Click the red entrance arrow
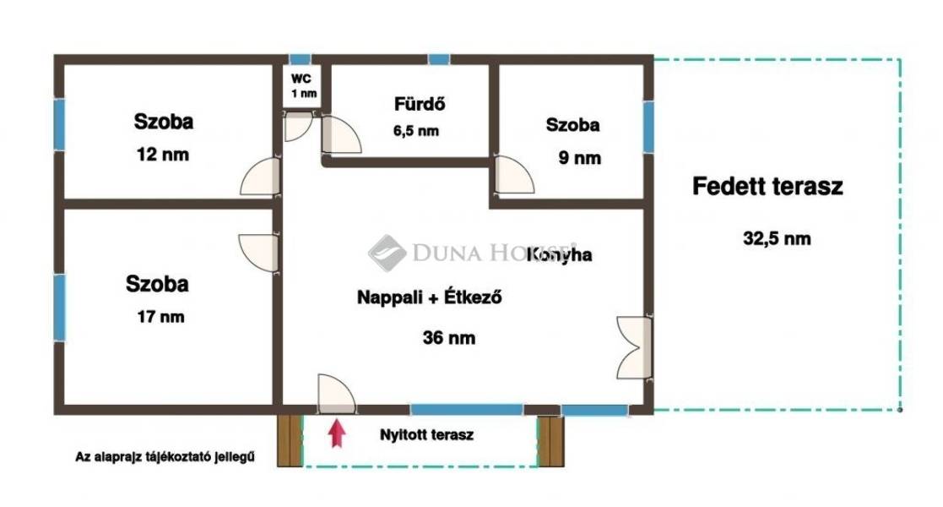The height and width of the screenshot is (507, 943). pyautogui.click(x=338, y=433)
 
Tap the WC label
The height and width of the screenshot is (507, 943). pyautogui.click(x=301, y=79)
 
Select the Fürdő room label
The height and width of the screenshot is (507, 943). pyautogui.click(x=420, y=104)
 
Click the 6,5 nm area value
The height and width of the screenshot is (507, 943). pyautogui.click(x=416, y=131)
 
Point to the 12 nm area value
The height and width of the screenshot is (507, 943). pyautogui.click(x=162, y=154)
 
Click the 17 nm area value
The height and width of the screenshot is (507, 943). pyautogui.click(x=160, y=317)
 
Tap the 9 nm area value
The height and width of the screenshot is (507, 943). pyautogui.click(x=580, y=158)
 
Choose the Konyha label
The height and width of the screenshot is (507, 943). pyautogui.click(x=560, y=254)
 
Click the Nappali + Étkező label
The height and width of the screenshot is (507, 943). pyautogui.click(x=430, y=297)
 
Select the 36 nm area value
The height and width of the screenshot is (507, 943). pyautogui.click(x=448, y=337)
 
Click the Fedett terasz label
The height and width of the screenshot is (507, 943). pyautogui.click(x=767, y=186)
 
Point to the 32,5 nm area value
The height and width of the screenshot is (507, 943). pyautogui.click(x=777, y=238)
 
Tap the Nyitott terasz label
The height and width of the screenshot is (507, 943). pyautogui.click(x=426, y=434)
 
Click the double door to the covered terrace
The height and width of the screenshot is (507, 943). pyautogui.click(x=635, y=347)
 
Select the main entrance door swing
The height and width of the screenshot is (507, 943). pyautogui.click(x=336, y=394)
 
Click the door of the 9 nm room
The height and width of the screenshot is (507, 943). pyautogui.click(x=513, y=175)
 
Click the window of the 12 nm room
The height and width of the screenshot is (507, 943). pyautogui.click(x=59, y=125)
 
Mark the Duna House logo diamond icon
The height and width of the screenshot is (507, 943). pyautogui.click(x=387, y=253)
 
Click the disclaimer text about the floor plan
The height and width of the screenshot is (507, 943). pyautogui.click(x=165, y=457)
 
